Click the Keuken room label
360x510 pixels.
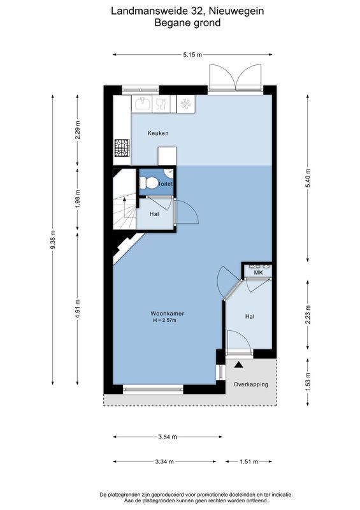tap(158, 133)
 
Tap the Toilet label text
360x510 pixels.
tap(165, 184)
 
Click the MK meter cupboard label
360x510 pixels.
tap(258, 273)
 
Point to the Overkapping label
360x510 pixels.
tap(250, 384)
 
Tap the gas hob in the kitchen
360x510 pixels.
tap(121, 149)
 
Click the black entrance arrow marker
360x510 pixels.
tap(239, 365)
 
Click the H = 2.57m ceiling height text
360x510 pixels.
tap(164, 320)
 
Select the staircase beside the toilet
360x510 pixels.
tap(125, 201)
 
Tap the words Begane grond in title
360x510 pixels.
tap(187, 23)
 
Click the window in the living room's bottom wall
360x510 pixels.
tap(153, 389)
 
